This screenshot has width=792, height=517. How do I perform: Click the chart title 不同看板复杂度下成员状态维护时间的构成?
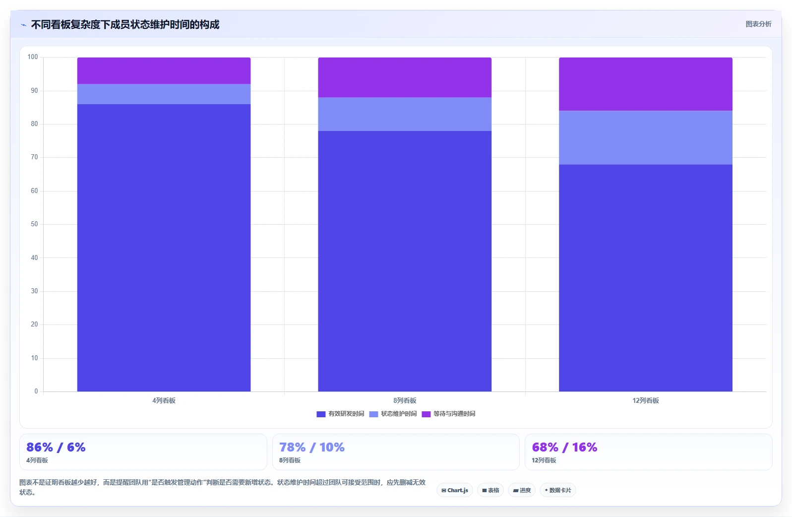coord(125,24)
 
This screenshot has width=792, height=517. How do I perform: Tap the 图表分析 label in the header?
coord(758,24)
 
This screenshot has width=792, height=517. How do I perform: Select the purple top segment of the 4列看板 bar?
coord(164,71)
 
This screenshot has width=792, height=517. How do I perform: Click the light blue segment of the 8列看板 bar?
coord(405,114)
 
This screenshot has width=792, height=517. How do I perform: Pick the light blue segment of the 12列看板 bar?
coord(646,137)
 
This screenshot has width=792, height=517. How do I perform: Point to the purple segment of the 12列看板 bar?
coord(646,84)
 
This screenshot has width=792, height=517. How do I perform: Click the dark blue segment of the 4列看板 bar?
coord(164,248)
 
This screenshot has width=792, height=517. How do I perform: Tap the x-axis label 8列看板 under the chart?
coord(405,401)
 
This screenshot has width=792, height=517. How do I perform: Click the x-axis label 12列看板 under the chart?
coord(646,401)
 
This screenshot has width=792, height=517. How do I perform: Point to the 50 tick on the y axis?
coord(34,224)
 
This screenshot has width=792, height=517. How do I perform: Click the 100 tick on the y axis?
coord(33,57)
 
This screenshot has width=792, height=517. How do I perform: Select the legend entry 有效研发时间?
coord(340,414)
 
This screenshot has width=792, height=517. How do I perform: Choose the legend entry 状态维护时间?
coord(393,414)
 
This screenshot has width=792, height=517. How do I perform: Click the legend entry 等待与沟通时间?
coord(448,414)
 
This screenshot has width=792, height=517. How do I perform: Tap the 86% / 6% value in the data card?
coord(56,448)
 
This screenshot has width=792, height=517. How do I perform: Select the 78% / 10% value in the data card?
coord(312,448)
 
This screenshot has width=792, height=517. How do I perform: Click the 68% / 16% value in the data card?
coord(565,448)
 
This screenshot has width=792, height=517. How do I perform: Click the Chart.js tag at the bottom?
coord(455,490)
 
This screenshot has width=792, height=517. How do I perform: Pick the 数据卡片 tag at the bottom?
coord(557,490)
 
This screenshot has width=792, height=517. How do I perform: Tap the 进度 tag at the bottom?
coord(522,490)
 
